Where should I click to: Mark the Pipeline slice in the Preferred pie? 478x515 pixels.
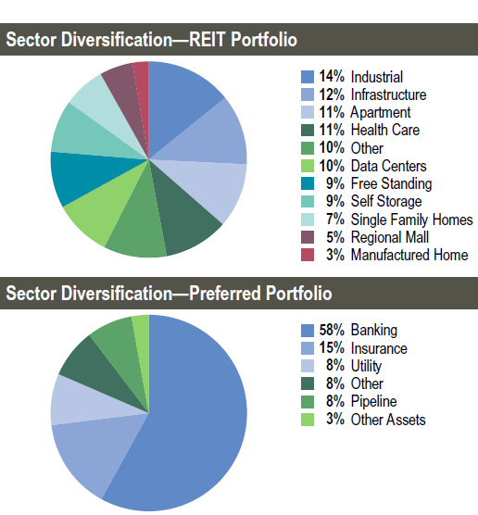click(125, 355)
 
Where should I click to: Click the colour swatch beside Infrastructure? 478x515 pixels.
click(308, 94)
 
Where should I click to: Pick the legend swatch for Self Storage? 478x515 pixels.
click(308, 201)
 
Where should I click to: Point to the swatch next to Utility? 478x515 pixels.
click(308, 366)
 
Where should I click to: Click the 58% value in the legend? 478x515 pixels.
click(332, 330)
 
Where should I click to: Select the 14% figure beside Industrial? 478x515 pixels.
click(332, 77)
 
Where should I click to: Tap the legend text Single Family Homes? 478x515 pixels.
click(411, 220)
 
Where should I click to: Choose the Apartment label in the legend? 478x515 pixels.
click(381, 112)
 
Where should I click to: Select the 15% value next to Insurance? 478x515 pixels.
click(332, 348)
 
